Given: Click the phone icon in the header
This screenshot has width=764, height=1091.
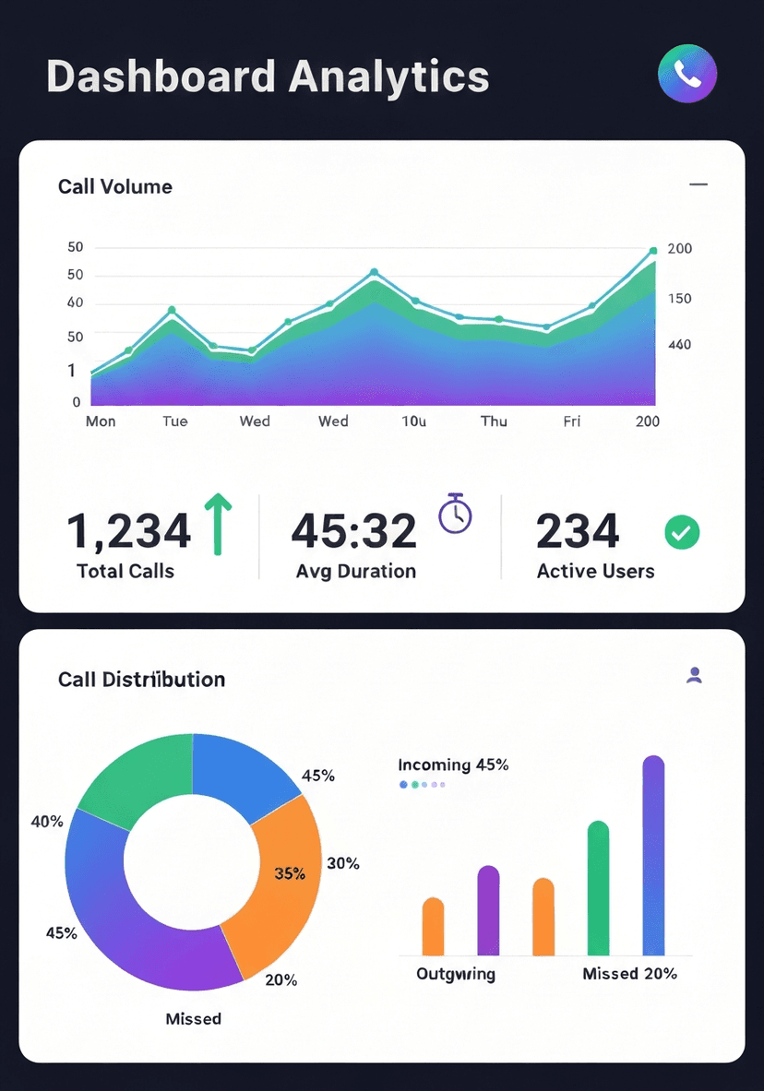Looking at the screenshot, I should pos(686,73).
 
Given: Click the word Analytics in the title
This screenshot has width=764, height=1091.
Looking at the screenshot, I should pos(388,76).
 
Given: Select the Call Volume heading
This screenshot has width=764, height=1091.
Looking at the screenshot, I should pos(115,186).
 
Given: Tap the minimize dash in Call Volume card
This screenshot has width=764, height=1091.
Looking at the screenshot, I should pos(698,185).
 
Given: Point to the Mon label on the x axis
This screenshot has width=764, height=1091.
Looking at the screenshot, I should pos(101,421).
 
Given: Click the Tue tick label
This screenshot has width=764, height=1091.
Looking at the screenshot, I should pos(174,421).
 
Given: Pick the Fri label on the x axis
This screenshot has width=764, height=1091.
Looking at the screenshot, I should pos(572,421).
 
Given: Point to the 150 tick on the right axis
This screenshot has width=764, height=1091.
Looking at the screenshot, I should pos(678,299).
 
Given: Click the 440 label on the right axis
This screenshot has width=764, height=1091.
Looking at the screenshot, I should pos(678,345).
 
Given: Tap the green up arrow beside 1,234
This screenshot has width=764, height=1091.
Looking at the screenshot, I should pos(218,524).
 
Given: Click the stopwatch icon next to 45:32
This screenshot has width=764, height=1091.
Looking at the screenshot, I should pos(455,514).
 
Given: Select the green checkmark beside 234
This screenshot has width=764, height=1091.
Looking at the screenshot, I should pos(682,531).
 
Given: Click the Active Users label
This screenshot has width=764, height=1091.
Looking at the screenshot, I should pos(595,572).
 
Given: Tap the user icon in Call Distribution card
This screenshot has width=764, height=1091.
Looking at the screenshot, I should pos(695,675).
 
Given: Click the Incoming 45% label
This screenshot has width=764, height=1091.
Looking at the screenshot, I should pos(453,765).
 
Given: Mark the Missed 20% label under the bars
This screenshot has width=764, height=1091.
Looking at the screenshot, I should pos(629,974).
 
